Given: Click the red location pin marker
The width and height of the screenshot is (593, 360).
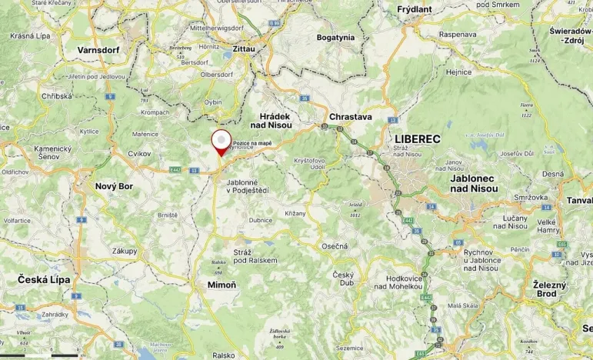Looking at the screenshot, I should pyautogui.click(x=222, y=142).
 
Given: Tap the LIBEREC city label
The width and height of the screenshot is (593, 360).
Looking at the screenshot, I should pyautogui.click(x=418, y=139).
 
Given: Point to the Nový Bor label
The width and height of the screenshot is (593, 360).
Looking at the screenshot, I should pyautogui.click(x=114, y=186).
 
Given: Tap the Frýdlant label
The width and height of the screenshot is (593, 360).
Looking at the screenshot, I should pyautogui.click(x=415, y=9).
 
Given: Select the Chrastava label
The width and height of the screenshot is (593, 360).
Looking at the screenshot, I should pyautogui.click(x=350, y=117).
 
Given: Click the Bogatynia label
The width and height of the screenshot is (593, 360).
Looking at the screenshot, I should pyautogui.click(x=335, y=37).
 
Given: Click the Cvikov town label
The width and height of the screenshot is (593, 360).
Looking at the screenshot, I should pyautogui.click(x=139, y=154).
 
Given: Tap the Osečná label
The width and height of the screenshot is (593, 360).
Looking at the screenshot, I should pyautogui.click(x=334, y=245).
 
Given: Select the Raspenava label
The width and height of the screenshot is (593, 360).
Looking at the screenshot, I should pyautogui.click(x=458, y=35).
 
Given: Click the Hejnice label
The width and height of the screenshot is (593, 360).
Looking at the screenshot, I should pyautogui.click(x=458, y=72).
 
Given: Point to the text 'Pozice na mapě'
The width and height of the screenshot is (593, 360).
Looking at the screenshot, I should pyautogui.click(x=252, y=143).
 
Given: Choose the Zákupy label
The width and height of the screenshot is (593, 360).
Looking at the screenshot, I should pyautogui.click(x=125, y=251).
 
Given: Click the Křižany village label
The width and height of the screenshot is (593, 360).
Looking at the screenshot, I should pyautogui.click(x=295, y=212).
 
